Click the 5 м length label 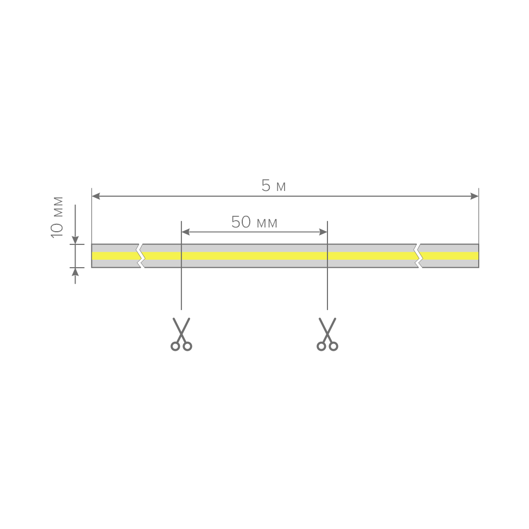coord(273,186)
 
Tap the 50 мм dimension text coord(254,222)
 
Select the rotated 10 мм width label coord(57,217)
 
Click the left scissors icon coord(181,334)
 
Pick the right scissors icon coord(327,334)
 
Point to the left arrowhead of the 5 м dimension coord(96,196)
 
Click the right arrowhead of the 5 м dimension coord(475,196)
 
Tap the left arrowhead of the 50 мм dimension coord(186,232)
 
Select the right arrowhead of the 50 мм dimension coord(323,232)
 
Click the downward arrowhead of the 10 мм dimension coord(75,240)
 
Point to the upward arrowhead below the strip coord(75,271)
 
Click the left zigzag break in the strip coord(141,256)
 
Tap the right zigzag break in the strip coord(418,256)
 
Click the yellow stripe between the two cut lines coord(254,256)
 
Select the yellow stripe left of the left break coord(116,256)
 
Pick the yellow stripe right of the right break coord(449,256)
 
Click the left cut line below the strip coord(181,289)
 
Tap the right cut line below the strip coord(327,289)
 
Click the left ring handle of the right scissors coord(321,346)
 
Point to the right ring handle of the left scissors coord(187,346)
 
